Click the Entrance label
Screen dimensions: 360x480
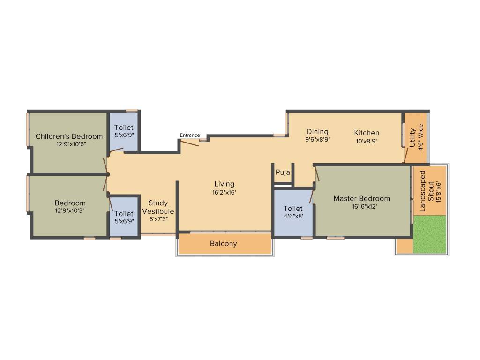tap(190, 135)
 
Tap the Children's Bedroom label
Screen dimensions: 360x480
tap(69, 136)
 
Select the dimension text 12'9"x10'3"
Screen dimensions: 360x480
tap(70, 210)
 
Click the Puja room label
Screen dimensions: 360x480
tap(283, 172)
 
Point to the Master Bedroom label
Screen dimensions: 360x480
tap(361, 198)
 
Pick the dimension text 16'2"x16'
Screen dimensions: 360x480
tap(225, 192)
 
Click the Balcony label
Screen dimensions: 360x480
tap(223, 244)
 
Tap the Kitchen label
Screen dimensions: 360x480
tap(367, 133)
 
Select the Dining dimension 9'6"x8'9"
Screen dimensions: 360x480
tap(318, 139)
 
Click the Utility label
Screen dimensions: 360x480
tap(412, 138)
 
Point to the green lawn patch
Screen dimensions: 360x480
tap(429, 234)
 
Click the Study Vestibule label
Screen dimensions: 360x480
tap(158, 207)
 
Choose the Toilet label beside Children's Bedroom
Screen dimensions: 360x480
tap(124, 127)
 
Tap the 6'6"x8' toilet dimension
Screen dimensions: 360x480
tap(293, 216)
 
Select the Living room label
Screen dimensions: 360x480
tap(225, 184)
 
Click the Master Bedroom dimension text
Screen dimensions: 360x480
tap(361, 206)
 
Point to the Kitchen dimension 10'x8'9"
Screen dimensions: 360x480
tap(367, 140)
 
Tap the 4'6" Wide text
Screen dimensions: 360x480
tap(421, 137)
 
